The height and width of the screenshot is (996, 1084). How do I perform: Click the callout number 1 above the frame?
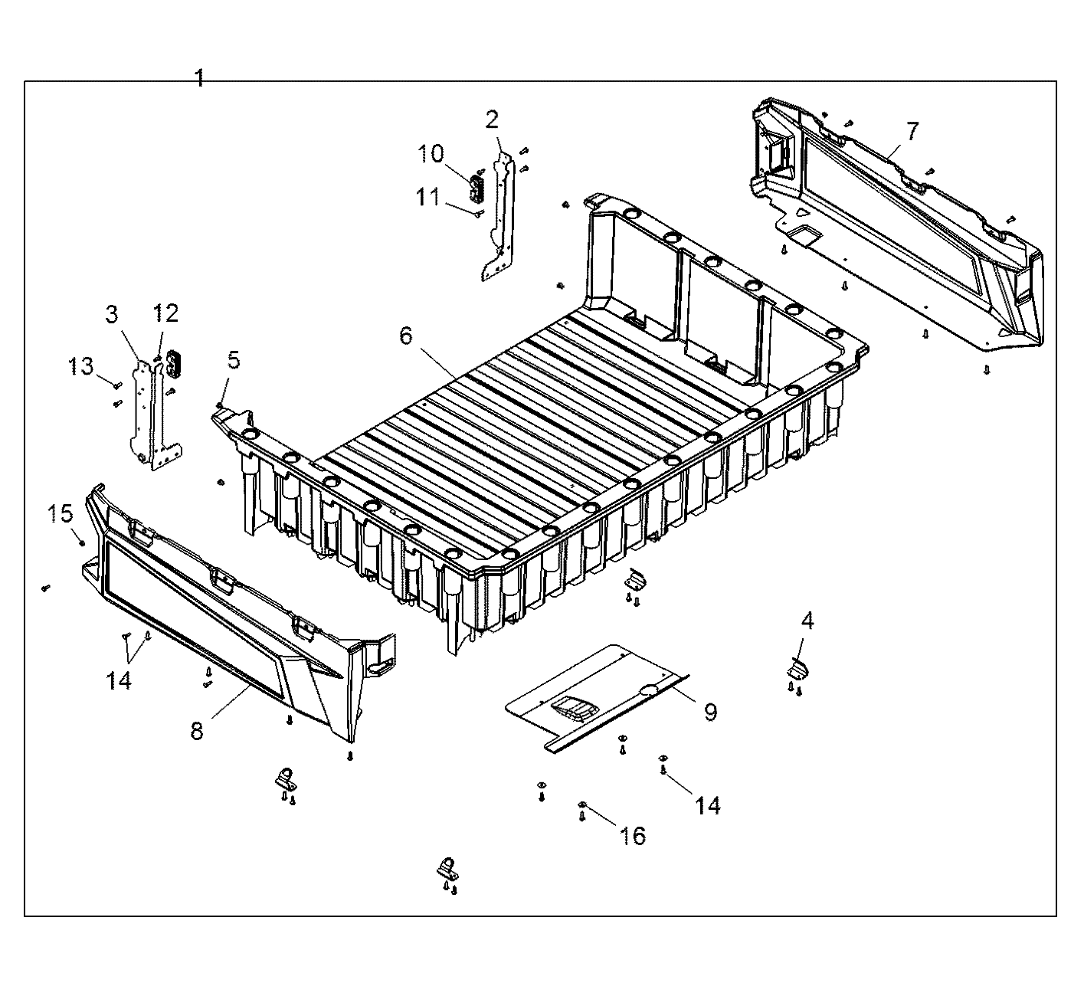tap(199, 78)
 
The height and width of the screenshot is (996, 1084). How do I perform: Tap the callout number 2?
tap(492, 119)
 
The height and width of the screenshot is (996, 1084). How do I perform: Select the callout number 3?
tap(113, 314)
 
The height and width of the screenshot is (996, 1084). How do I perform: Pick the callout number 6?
tap(405, 335)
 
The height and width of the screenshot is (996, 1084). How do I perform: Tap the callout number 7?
tap(912, 131)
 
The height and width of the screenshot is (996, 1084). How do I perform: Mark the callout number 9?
tap(710, 712)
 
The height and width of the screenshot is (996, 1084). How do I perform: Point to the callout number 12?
tap(165, 313)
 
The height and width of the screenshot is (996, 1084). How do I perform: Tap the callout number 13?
tap(82, 366)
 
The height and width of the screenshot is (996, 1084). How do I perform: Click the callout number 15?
tap(61, 513)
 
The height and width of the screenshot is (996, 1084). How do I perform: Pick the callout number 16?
tap(634, 835)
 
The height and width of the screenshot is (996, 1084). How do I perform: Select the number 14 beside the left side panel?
tap(120, 680)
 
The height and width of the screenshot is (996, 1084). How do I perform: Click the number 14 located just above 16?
tap(708, 805)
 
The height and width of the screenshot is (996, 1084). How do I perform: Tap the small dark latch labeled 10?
tap(477, 185)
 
